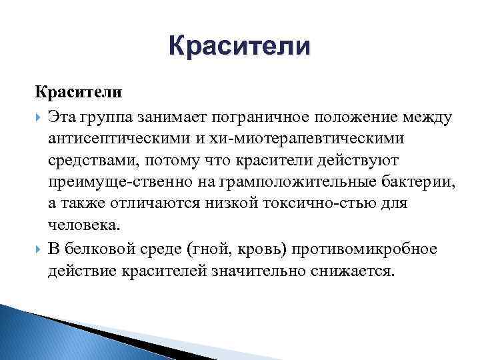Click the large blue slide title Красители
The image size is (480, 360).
click(x=239, y=47)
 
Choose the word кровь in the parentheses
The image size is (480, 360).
click(x=237, y=249)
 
